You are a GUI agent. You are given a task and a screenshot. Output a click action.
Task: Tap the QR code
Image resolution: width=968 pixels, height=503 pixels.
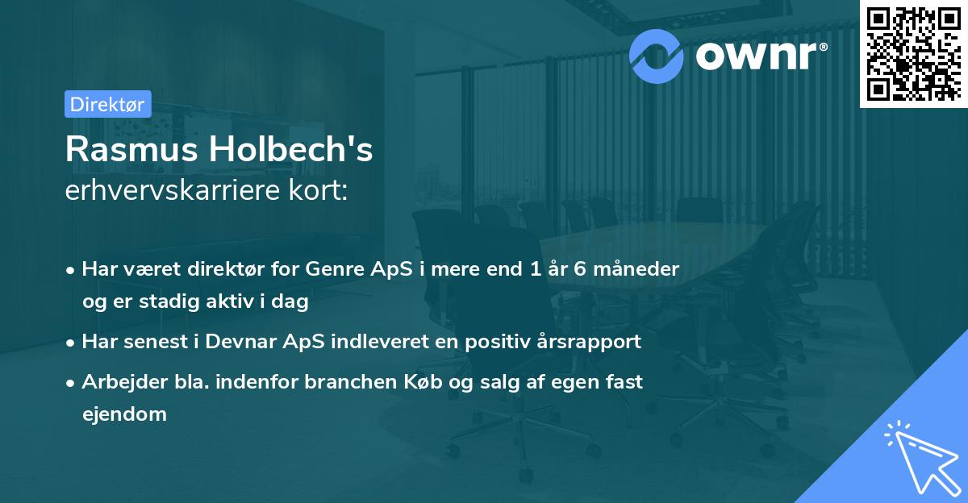pos(913,53)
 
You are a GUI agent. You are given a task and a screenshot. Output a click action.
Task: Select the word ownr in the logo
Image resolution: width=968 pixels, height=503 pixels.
pos(755,56)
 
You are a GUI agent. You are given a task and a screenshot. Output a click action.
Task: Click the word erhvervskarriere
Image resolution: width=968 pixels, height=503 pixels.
pos(180,191)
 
